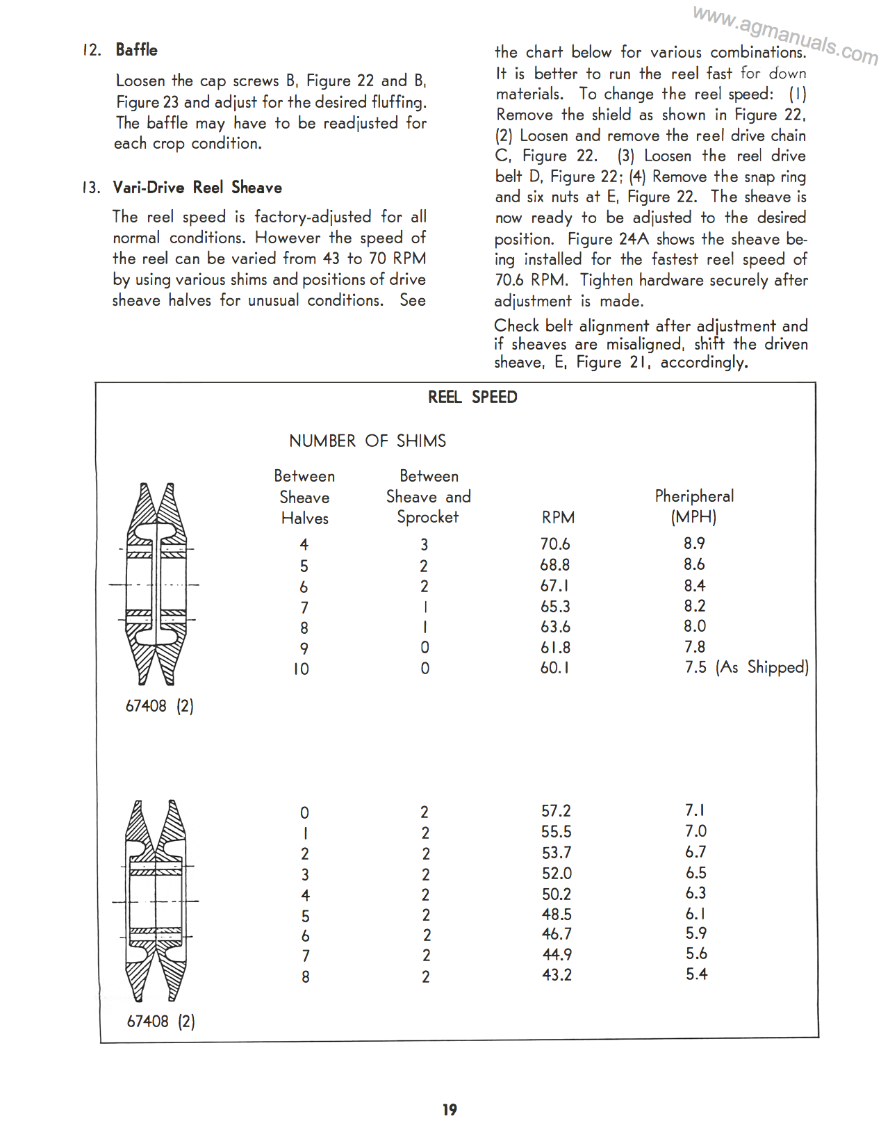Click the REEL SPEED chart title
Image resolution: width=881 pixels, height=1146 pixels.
(472, 398)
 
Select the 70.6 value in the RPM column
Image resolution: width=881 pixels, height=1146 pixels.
(554, 544)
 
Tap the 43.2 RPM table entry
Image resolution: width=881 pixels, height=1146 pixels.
(557, 975)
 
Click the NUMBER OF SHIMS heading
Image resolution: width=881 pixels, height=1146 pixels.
(368, 441)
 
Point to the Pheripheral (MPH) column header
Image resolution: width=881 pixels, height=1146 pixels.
(694, 506)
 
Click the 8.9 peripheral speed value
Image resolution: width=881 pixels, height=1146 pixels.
(694, 543)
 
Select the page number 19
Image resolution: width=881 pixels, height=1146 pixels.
(450, 1110)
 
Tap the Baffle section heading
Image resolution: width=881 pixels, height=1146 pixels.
(136, 50)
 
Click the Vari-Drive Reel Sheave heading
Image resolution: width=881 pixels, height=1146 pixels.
(197, 188)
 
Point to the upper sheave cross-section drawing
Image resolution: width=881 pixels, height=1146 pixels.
(156, 584)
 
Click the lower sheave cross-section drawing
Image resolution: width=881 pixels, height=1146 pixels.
(156, 901)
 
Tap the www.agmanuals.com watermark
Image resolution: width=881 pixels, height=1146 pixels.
(785, 34)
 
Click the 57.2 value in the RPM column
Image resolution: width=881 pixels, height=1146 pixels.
(556, 811)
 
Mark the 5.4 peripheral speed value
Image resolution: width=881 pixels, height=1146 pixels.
(696, 974)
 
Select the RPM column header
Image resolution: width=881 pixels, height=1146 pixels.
(558, 517)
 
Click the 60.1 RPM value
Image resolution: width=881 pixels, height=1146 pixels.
(554, 668)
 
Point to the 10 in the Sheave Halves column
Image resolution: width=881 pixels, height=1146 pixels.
(301, 669)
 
